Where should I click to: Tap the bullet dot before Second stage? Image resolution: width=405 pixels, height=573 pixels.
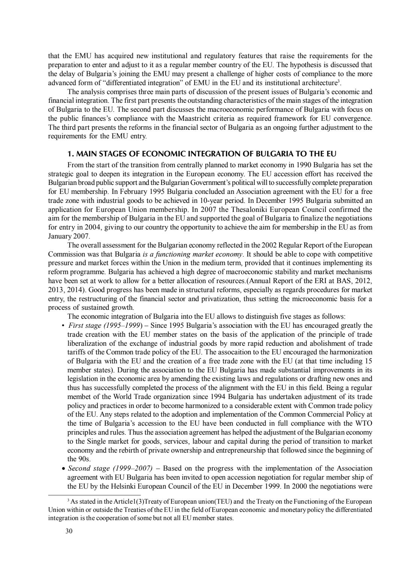pyautogui.click(x=62, y=468)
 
